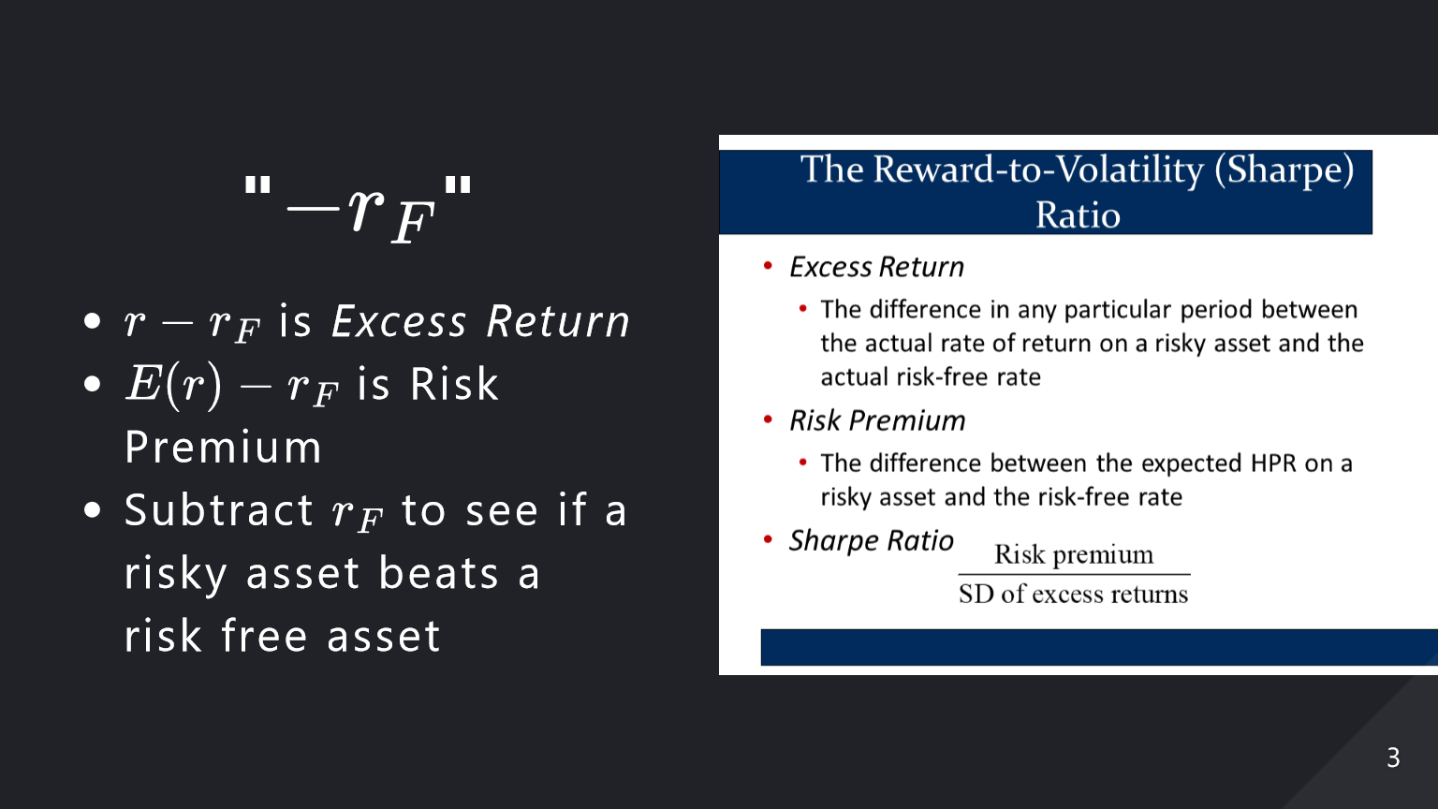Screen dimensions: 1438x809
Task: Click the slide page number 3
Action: coord(1393,758)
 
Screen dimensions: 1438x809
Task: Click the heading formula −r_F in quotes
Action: coord(358,209)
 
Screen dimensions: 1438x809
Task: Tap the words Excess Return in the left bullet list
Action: coord(480,320)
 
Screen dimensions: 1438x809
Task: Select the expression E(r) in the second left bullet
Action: coord(174,384)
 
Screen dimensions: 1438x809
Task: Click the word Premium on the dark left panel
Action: coord(223,447)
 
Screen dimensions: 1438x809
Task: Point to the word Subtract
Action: coord(218,509)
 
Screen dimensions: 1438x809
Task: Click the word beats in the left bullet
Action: coord(438,573)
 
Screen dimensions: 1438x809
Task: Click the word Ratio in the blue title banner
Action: coord(1078,214)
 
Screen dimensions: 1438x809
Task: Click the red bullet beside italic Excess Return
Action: coord(768,265)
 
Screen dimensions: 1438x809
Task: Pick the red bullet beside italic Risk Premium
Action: coord(768,419)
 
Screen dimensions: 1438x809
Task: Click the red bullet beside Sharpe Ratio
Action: coord(768,539)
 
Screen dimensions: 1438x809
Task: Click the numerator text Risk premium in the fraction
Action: coord(1074,554)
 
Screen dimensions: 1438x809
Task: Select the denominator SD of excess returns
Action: coord(1074,594)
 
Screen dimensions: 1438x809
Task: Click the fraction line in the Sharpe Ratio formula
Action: coord(1074,574)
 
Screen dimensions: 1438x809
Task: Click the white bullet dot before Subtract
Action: coord(93,510)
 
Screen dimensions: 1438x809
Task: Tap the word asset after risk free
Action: coord(383,636)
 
